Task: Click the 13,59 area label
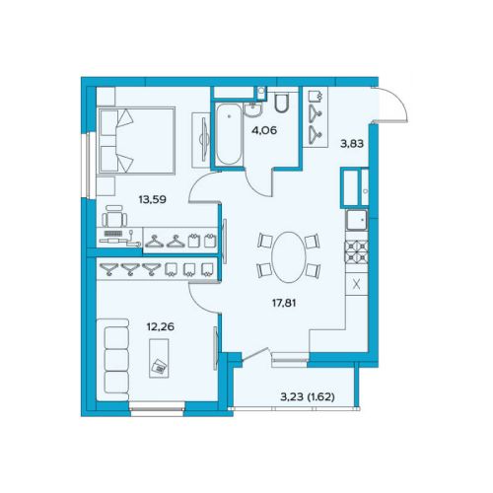tap(152, 199)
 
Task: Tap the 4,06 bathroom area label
tap(264, 130)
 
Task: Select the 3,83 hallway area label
tap(352, 144)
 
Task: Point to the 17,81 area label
tap(284, 303)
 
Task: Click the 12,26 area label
tap(161, 326)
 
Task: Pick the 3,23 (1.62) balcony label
tap(308, 397)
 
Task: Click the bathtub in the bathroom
tap(229, 134)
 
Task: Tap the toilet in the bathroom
tap(282, 103)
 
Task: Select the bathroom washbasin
tap(253, 109)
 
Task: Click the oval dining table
tap(289, 257)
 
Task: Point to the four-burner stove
tap(356, 251)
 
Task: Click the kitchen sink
tap(357, 220)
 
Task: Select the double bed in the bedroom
tap(136, 140)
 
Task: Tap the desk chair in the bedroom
tap(114, 216)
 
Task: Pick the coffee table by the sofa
tap(159, 358)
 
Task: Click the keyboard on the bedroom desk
tap(113, 234)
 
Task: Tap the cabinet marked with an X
tap(357, 285)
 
